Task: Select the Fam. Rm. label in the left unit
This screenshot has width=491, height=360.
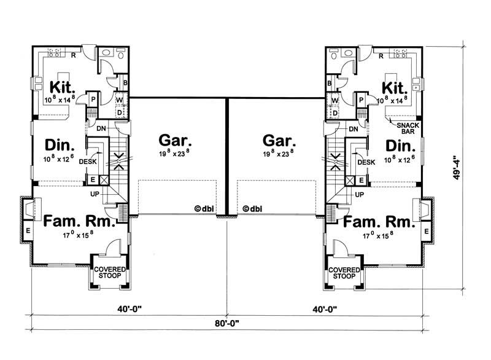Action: coord(78,221)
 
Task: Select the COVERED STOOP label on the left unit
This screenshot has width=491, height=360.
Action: coord(110,273)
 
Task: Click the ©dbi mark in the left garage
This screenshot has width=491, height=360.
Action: coord(205,208)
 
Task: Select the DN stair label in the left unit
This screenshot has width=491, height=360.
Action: coord(102,128)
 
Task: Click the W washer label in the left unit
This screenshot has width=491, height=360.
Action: coord(119,100)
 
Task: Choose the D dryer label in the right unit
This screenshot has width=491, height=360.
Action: coord(335,112)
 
